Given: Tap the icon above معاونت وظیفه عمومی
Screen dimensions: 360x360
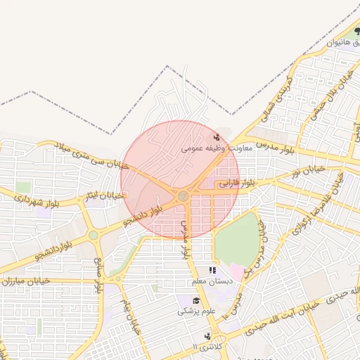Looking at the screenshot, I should [x=217, y=138].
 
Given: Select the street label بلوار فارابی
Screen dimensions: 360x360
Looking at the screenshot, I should [x=234, y=184].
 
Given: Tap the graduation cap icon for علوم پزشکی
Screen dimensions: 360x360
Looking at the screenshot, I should [x=187, y=300].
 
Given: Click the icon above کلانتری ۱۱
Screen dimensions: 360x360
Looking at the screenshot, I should [x=207, y=336].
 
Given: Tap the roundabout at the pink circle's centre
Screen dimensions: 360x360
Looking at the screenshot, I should [x=183, y=196].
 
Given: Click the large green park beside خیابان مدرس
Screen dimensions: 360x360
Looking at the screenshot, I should [x=236, y=239].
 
